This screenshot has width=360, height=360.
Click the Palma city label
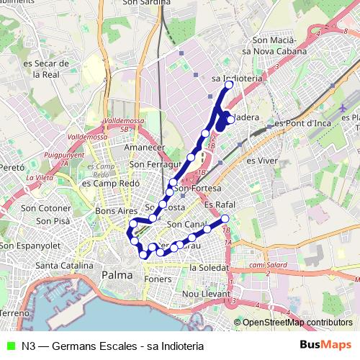point(117,275)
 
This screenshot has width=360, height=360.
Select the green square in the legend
point(9,346)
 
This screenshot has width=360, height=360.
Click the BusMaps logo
point(326,345)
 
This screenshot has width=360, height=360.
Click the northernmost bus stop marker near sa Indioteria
point(230,85)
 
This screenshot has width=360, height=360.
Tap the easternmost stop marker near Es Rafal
point(225,218)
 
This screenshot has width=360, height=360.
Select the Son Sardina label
point(147,3)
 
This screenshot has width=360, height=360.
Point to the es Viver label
point(262,160)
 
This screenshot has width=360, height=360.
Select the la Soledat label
point(208,267)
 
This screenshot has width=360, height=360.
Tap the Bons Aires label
point(116,211)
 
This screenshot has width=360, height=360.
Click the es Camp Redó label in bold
point(105,183)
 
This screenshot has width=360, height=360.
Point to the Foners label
point(158,279)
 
